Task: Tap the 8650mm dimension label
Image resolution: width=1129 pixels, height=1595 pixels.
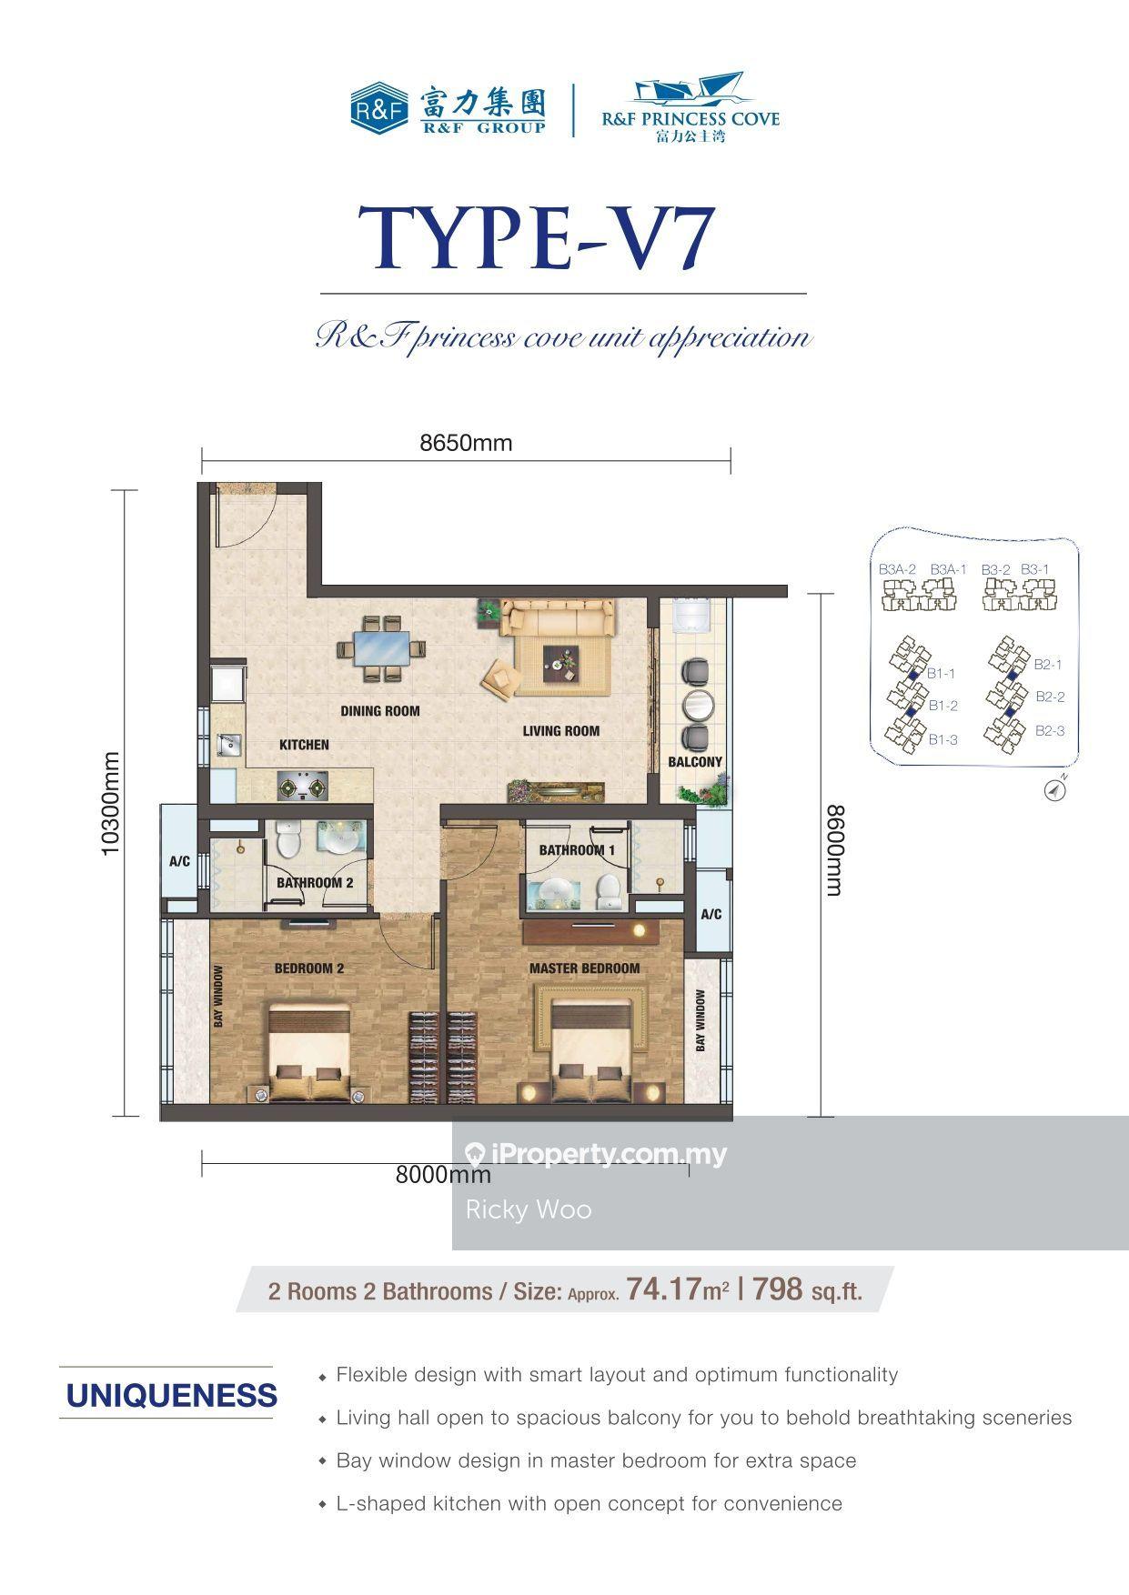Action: tap(466, 443)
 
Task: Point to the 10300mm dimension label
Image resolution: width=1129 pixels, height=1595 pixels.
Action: tap(110, 803)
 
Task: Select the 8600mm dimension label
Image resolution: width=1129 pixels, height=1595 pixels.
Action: tap(833, 850)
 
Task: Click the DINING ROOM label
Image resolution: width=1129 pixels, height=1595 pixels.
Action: tap(380, 710)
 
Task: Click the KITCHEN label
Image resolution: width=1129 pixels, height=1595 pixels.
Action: tap(304, 745)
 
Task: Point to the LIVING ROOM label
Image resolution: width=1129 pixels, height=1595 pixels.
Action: tap(561, 730)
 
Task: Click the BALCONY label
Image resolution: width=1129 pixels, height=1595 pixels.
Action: tap(695, 762)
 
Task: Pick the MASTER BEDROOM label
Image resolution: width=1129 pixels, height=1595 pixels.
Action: tap(585, 968)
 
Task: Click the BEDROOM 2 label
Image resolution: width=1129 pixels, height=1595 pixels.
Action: tap(309, 968)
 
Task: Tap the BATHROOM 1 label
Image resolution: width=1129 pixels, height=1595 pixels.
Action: tap(577, 850)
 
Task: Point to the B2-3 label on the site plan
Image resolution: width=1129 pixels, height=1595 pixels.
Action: tap(1050, 730)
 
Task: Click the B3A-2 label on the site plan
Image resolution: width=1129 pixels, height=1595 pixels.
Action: tap(897, 569)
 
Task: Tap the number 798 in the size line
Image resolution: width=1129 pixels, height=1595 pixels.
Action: tap(778, 1289)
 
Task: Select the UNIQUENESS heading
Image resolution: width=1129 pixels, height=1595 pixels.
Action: tap(172, 1395)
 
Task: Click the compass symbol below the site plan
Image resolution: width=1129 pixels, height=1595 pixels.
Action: tap(1055, 790)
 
